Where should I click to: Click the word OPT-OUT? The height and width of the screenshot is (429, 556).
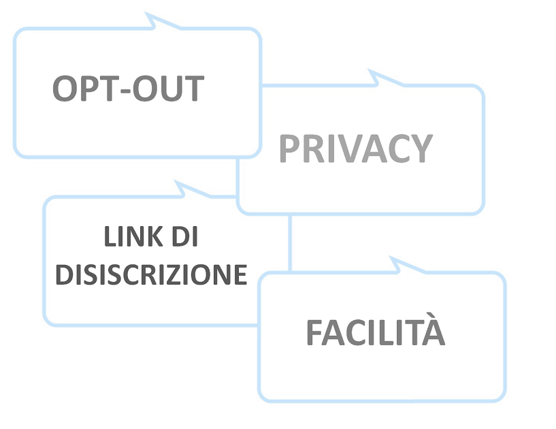tap(128, 89)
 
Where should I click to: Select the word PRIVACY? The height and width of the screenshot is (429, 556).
tap(355, 148)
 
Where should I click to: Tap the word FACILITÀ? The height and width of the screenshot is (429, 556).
tap(375, 332)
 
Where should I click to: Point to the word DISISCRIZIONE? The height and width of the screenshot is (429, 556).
tap(150, 275)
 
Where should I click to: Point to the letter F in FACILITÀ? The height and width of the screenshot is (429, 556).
tap(314, 332)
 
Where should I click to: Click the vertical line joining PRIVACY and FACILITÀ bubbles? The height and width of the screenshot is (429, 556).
tap(291, 242)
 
